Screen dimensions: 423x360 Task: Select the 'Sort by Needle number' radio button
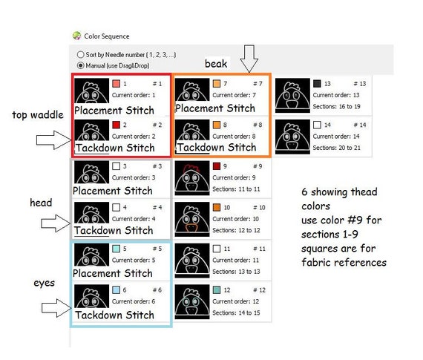80,54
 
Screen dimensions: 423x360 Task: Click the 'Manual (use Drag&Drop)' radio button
80,65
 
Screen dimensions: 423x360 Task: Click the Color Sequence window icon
77,36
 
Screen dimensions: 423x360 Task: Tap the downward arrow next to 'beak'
249,59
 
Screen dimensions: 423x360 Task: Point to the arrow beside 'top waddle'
53,140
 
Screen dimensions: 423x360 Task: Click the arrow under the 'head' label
56,223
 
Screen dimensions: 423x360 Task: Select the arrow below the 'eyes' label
56,308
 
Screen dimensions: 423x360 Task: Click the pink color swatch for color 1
116,83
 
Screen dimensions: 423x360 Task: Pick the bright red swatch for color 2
116,125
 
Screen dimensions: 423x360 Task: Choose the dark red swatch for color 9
217,166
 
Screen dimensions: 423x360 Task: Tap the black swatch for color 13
317,83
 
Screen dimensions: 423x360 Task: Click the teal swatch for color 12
217,289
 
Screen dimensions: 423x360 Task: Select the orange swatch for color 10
217,207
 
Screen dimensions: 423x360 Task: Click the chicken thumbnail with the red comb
192,178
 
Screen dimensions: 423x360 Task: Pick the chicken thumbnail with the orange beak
192,220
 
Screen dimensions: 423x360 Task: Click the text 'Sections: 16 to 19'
336,107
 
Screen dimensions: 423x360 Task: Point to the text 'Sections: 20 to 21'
336,148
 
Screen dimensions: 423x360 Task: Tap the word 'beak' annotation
216,64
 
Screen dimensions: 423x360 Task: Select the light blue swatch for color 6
116,289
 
